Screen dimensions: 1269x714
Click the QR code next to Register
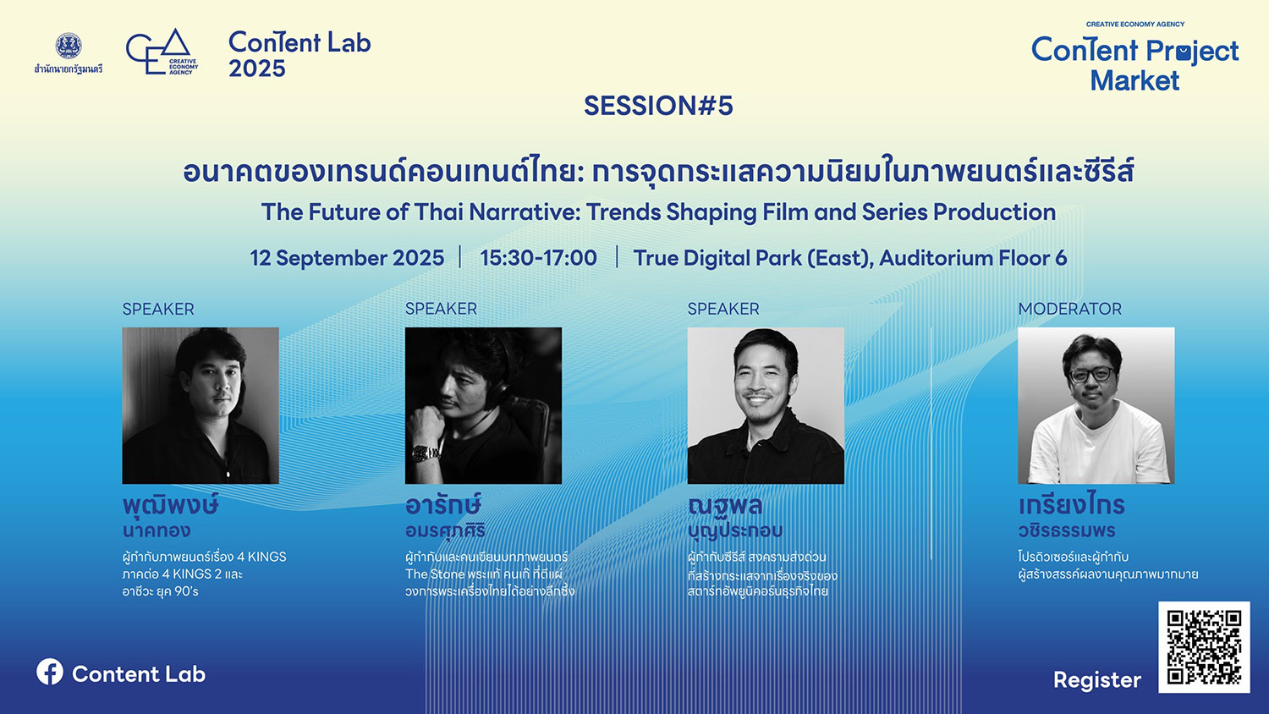click(x=1204, y=647)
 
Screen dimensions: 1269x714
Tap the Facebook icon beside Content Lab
click(x=50, y=672)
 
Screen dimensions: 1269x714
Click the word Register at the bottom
click(x=1096, y=680)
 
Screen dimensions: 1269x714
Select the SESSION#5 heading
click(x=658, y=106)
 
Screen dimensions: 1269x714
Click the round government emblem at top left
click(x=69, y=46)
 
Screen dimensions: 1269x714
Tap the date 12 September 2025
click(x=347, y=258)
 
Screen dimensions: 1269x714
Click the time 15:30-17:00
click(x=538, y=258)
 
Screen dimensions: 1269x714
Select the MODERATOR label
click(x=1069, y=309)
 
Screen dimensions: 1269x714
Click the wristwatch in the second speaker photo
click(x=425, y=453)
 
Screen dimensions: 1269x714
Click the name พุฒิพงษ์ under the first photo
click(x=171, y=505)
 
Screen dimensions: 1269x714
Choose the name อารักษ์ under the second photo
click(x=443, y=503)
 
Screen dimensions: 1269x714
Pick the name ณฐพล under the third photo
click(x=724, y=505)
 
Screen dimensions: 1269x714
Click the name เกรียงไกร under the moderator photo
click(x=1071, y=503)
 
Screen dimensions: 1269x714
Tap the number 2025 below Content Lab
click(x=256, y=69)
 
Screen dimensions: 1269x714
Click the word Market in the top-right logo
click(x=1134, y=80)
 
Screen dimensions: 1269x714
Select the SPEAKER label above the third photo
click(x=723, y=309)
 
